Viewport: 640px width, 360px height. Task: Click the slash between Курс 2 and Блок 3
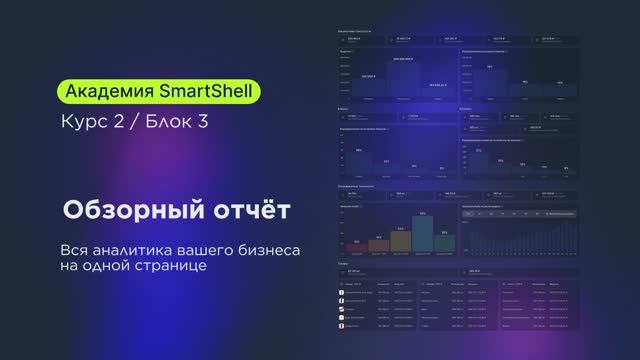coord(135,125)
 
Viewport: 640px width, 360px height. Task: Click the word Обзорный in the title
coord(122,212)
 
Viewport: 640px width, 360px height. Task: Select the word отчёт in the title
coord(241,212)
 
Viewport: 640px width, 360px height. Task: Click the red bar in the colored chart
coord(356,246)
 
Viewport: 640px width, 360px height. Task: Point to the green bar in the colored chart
coord(444,242)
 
